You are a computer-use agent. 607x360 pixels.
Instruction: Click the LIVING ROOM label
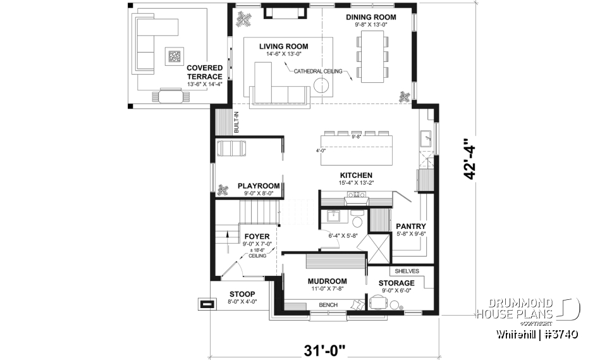283,46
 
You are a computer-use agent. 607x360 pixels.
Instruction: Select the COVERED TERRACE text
204,72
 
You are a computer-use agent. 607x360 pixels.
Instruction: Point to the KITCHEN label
356,175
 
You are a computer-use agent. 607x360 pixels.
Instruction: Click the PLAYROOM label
259,186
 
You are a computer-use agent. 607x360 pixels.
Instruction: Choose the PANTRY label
410,226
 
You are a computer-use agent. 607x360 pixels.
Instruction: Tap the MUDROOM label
327,281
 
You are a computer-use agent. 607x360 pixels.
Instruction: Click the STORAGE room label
396,283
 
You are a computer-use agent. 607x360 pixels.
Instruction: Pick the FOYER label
257,237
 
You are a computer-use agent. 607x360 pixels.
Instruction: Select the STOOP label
242,294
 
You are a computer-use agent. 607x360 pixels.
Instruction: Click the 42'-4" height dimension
470,160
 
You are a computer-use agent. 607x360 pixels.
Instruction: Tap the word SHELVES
407,271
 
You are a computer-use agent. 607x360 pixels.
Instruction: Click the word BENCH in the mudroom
328,306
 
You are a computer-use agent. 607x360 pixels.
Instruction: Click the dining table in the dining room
371,57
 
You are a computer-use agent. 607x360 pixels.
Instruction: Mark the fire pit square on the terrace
173,57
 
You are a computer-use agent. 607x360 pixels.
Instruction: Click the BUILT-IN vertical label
236,122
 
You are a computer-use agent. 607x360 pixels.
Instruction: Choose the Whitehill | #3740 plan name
537,333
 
